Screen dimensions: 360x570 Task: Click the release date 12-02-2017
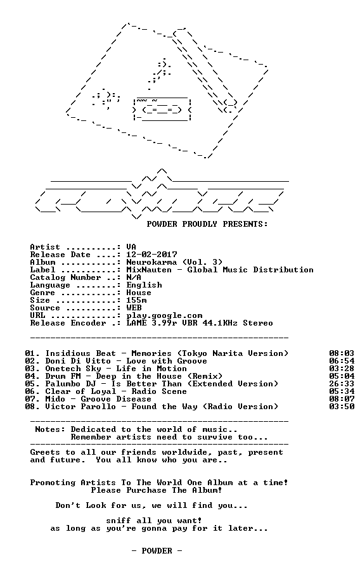click(151, 255)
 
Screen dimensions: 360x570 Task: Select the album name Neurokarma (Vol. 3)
click(174, 262)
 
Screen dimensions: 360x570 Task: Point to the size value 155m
click(136, 300)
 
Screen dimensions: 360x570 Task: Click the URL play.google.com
click(164, 315)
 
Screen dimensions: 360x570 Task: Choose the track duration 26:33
click(342, 384)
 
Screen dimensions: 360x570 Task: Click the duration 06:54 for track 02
click(342, 361)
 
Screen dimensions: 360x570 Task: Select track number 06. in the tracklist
click(32, 391)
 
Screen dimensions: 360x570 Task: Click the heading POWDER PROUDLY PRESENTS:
click(207, 224)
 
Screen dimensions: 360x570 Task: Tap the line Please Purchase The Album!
click(157, 490)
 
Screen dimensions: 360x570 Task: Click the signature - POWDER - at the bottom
click(157, 551)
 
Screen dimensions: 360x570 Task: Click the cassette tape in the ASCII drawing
click(162, 109)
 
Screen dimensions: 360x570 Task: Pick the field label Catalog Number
click(65, 277)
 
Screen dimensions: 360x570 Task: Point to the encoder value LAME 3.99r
click(151, 323)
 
